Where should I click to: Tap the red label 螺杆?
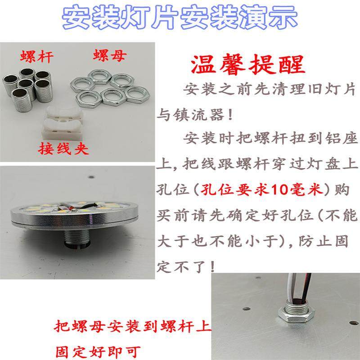coord(37,57)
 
